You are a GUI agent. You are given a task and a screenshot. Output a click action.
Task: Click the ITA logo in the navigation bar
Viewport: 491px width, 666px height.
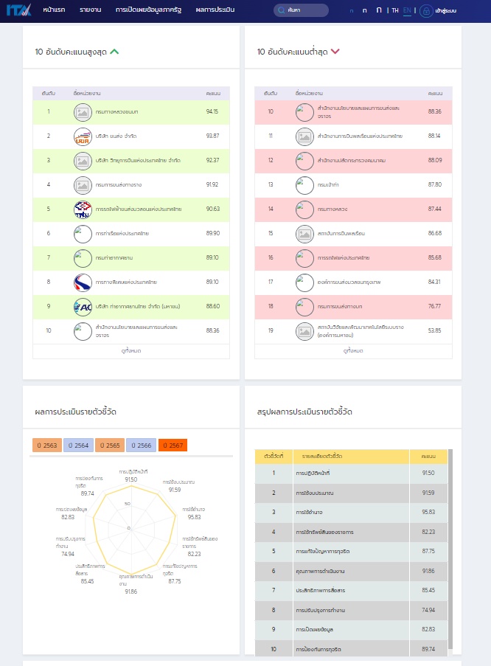click(19, 10)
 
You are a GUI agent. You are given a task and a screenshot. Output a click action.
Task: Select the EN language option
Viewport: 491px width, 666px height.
click(407, 10)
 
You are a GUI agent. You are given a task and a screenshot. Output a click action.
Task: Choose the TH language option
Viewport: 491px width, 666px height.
click(395, 10)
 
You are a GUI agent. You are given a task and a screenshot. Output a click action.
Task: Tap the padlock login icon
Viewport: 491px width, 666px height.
click(425, 11)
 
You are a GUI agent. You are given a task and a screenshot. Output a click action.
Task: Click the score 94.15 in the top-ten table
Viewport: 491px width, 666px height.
click(212, 111)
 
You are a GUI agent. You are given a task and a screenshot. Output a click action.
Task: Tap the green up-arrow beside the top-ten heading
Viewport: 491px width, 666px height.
click(114, 52)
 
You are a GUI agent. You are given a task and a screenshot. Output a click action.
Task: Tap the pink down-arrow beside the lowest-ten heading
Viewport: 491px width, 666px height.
click(335, 52)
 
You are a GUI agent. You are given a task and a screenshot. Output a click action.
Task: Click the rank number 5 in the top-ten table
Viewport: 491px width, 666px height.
click(49, 209)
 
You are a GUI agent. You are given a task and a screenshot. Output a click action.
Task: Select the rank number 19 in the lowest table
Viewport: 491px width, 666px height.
click(271, 330)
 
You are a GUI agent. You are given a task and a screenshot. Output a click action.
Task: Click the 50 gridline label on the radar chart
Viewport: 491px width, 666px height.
click(128, 504)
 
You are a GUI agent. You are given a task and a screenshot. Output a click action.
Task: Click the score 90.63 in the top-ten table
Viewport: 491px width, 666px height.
click(212, 209)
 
